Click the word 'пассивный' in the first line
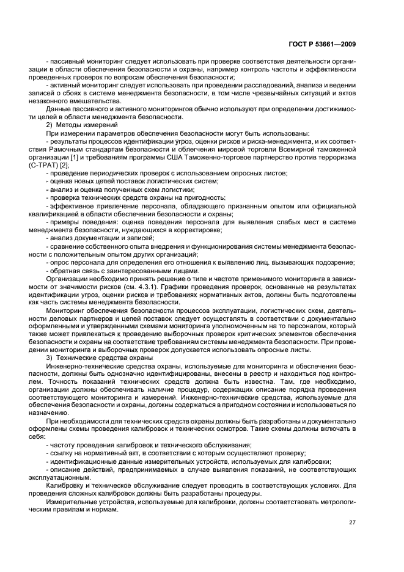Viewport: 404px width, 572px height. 67,61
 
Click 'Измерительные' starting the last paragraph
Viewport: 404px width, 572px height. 71,501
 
